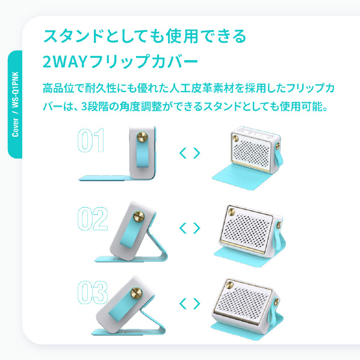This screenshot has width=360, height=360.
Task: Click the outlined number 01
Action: [91, 140]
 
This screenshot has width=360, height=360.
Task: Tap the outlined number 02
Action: [93, 219]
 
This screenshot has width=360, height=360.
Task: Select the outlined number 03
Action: [93, 292]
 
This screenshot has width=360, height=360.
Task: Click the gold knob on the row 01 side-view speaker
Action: [142, 137]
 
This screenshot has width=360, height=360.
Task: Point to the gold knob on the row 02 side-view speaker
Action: [139, 217]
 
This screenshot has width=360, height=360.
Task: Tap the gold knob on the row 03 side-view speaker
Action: [136, 293]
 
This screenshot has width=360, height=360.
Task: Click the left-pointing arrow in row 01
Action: [183, 153]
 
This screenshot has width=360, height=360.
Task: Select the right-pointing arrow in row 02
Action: [196, 228]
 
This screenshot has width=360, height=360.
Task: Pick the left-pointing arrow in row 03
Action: [183, 303]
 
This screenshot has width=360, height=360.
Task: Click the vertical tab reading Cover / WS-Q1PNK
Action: [15, 105]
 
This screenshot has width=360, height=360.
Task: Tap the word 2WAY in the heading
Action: [65, 61]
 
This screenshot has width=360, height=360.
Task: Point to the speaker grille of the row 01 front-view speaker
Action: [252, 152]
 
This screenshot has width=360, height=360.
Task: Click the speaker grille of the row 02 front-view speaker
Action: [246, 231]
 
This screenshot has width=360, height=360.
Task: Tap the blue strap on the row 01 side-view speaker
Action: [143, 152]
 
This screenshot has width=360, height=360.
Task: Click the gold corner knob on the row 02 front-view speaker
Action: [231, 212]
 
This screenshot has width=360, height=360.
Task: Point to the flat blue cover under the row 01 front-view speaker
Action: [241, 177]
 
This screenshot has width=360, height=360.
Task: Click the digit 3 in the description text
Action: [84, 107]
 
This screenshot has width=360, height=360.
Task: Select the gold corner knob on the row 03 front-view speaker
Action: [229, 285]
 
